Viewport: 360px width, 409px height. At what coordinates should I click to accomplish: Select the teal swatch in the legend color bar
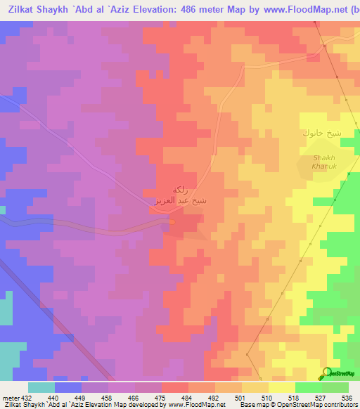(41, 387)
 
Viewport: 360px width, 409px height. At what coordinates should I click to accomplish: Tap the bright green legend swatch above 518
(308, 387)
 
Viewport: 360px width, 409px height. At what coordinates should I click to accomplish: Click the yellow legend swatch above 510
(255, 387)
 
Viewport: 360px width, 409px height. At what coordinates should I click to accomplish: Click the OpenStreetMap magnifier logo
(326, 372)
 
